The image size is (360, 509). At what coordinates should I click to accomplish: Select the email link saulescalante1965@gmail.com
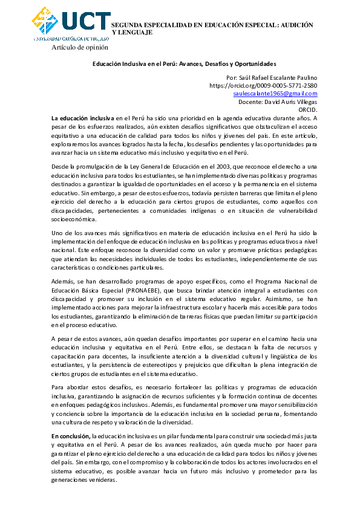(x=275, y=94)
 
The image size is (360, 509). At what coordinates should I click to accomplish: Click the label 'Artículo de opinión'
(x=80, y=47)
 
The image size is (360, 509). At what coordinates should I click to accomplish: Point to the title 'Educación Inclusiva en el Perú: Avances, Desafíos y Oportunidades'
(x=184, y=63)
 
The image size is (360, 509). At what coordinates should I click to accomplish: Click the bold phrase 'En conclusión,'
(x=71, y=435)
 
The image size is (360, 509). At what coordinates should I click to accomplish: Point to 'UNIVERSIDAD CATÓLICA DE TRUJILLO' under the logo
(x=71, y=37)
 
